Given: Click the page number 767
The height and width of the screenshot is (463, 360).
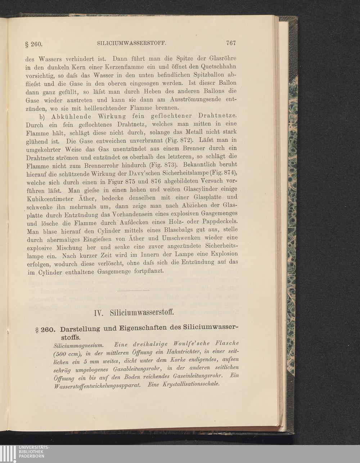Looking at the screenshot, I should coord(231,43).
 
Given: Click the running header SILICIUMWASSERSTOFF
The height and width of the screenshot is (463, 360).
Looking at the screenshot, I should coord(131,43).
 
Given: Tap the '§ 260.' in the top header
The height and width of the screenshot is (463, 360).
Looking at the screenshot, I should coord(34,44).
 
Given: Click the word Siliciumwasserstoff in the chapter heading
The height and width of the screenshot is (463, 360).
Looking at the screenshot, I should coord(142,312).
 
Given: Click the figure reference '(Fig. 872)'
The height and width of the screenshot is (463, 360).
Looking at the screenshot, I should coord(179,139).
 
